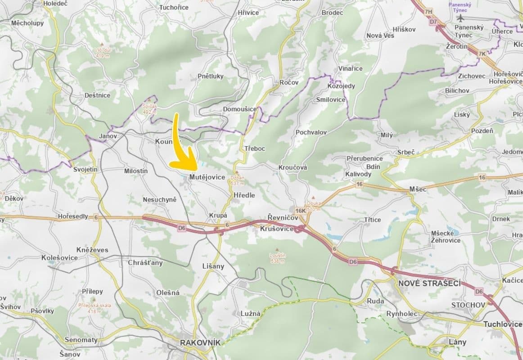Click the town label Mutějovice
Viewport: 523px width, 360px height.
(207, 177)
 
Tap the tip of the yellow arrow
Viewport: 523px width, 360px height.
(197, 168)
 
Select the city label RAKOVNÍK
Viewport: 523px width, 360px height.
(200, 343)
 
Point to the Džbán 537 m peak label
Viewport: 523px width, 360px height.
(237, 180)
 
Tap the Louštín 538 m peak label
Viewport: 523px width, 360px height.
(278, 258)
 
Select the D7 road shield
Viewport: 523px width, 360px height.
(433, 22)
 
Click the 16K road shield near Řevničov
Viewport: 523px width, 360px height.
(301, 210)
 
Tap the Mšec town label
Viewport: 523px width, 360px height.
(418, 189)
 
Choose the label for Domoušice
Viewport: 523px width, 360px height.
(240, 109)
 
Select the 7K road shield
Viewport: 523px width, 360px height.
(482, 54)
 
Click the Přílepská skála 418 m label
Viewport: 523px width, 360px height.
(95, 308)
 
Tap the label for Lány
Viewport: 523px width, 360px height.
(458, 342)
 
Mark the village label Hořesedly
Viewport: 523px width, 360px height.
(73, 216)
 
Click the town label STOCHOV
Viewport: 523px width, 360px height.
(469, 305)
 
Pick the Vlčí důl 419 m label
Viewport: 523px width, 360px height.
(102, 53)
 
